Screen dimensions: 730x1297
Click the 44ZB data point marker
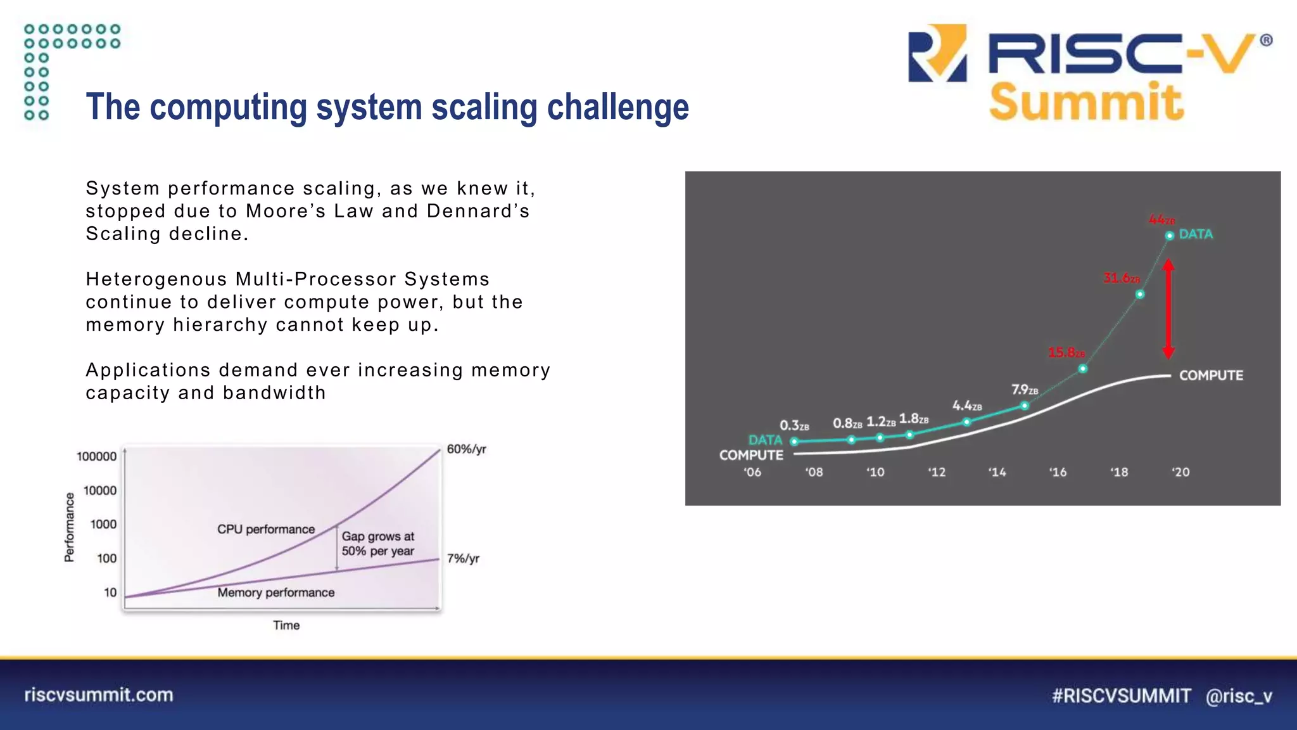point(1170,236)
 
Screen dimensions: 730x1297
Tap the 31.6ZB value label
point(1121,278)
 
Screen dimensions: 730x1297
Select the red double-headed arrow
point(1169,309)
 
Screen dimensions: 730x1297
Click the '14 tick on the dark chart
point(997,472)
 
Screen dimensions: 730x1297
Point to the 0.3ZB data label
point(794,425)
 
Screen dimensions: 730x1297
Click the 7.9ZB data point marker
point(1025,406)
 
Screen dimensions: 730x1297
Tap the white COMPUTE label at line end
point(1211,375)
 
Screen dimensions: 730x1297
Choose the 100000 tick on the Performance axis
point(96,456)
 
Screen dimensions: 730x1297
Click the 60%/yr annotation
point(466,449)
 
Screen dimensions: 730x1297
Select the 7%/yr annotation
point(463,558)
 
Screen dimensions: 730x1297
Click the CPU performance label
point(266,529)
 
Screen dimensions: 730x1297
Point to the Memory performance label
point(276,592)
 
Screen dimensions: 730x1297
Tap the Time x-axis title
point(286,625)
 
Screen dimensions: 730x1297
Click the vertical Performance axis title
point(70,528)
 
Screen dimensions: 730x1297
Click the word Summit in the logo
point(1086,102)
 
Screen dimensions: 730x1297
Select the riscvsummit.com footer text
point(99,695)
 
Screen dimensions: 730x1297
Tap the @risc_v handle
point(1239,696)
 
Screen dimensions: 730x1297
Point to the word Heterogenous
point(156,279)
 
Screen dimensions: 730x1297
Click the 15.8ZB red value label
point(1066,352)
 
